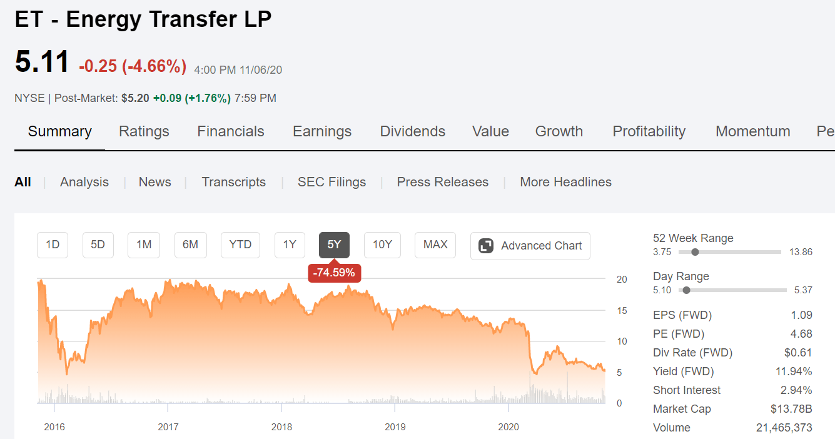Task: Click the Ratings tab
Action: click(x=144, y=131)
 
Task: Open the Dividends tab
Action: click(x=412, y=131)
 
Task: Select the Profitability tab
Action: click(x=649, y=131)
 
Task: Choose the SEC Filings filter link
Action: click(x=331, y=182)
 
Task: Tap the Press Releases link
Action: click(x=442, y=182)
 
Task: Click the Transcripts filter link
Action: click(x=234, y=182)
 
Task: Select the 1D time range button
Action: click(x=53, y=245)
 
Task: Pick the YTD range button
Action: click(x=240, y=245)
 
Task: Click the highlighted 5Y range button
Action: click(x=334, y=245)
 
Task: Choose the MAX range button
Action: click(x=435, y=245)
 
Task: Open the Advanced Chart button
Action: click(x=530, y=246)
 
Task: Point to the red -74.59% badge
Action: click(x=334, y=273)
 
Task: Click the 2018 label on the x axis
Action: click(x=281, y=426)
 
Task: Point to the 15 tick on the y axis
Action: click(x=622, y=310)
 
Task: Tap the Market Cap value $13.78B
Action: click(x=791, y=409)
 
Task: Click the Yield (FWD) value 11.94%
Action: click(x=794, y=371)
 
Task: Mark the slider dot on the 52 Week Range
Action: click(x=695, y=252)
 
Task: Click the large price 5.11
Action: click(x=42, y=61)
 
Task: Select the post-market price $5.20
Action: click(x=135, y=98)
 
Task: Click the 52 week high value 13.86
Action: click(x=801, y=252)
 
